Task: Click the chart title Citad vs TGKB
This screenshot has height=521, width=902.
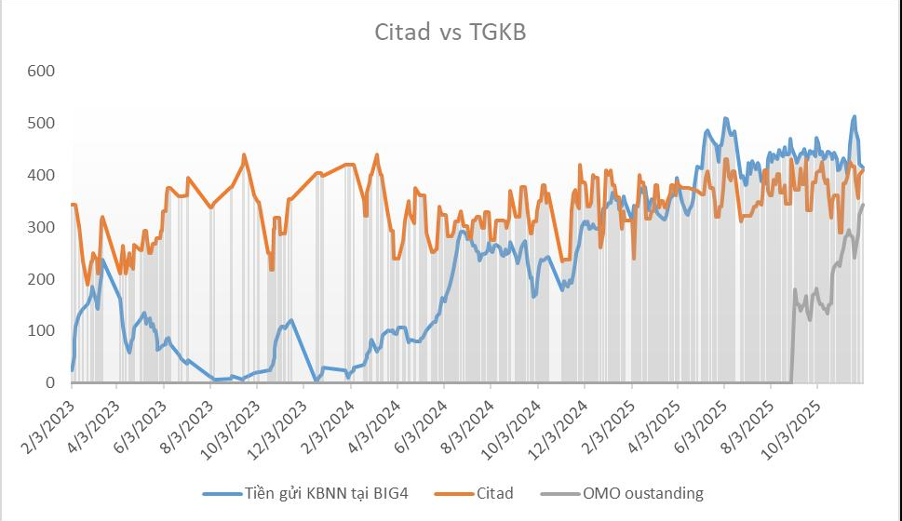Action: [451, 32]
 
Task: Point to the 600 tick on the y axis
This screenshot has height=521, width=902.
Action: [43, 72]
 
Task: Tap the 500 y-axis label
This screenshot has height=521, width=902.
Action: [43, 124]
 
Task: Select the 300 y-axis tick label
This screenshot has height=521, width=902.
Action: [43, 228]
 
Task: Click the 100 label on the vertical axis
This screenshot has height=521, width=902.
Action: [43, 331]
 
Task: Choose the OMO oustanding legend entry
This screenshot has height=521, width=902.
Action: [642, 493]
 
